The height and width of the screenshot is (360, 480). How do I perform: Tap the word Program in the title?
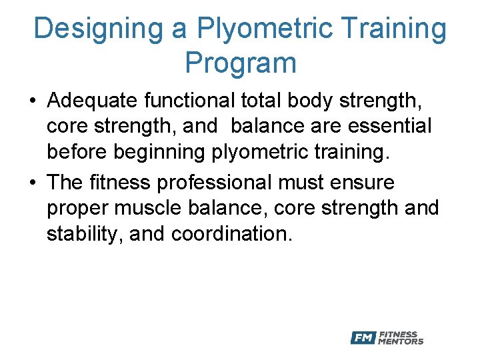pos(240,63)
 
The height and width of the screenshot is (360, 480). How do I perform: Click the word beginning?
pos(169,152)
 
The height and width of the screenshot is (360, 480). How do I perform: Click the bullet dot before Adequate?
pos(32,101)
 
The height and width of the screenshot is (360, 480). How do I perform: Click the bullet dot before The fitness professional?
pos(32,183)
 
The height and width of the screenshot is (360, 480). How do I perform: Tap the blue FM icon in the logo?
pos(363,338)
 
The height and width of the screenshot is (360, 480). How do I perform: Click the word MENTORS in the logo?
pos(401,342)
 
